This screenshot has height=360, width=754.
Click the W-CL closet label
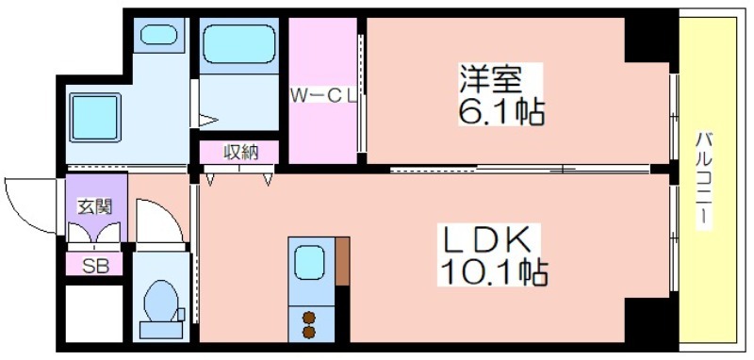coord(321,94)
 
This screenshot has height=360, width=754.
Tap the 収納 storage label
coord(238,152)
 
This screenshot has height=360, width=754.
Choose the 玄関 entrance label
coord(94,205)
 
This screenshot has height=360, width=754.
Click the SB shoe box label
coord(94,266)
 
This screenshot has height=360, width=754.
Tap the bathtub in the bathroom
coord(238,44)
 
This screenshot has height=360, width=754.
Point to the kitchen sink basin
coord(309,261)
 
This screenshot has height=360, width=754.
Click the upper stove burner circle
coord(308,315)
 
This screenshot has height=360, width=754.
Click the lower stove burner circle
coord(308,331)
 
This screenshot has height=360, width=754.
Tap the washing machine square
coord(94,116)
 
